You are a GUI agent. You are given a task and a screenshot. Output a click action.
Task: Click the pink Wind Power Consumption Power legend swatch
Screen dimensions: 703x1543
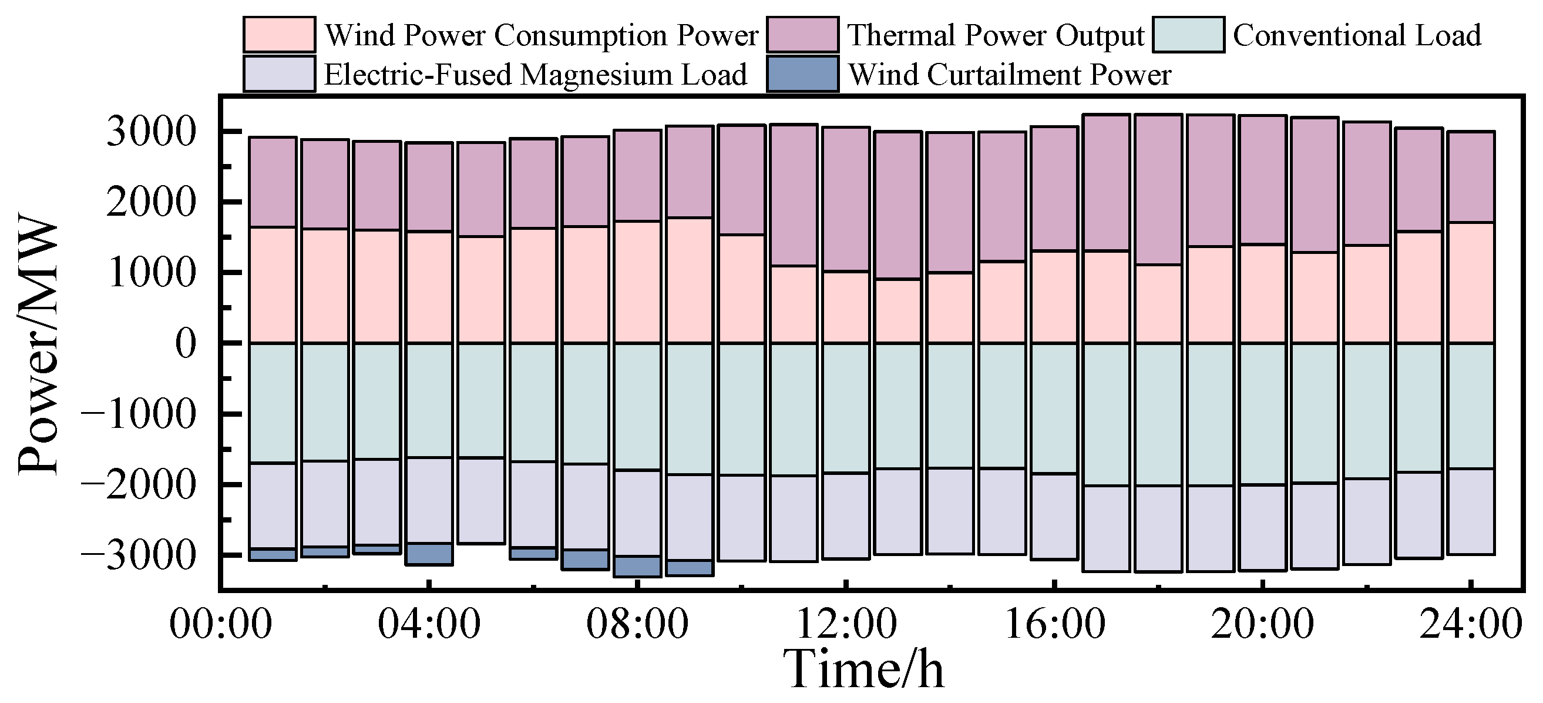pyautogui.click(x=279, y=35)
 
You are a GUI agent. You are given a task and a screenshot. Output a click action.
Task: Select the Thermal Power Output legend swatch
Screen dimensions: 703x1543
pyautogui.click(x=803, y=35)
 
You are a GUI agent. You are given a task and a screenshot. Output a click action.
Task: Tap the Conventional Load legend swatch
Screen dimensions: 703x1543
pyautogui.click(x=1188, y=35)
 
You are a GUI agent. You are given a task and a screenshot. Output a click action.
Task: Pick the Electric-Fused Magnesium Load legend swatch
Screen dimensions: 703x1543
pyautogui.click(x=279, y=74)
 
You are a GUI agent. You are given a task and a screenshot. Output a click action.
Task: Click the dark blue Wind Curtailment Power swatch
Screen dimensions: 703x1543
pyautogui.click(x=803, y=74)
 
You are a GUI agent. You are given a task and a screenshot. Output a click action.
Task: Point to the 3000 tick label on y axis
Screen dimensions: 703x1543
pyautogui.click(x=151, y=132)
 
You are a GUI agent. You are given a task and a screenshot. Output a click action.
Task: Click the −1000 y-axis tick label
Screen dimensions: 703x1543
pyautogui.click(x=139, y=414)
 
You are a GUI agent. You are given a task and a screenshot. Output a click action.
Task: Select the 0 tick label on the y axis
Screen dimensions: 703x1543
pyautogui.click(x=186, y=344)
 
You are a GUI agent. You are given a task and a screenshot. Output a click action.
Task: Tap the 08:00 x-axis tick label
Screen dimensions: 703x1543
pyautogui.click(x=637, y=624)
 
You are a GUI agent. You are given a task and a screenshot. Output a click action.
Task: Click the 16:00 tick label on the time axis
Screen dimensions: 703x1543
pyautogui.click(x=1054, y=624)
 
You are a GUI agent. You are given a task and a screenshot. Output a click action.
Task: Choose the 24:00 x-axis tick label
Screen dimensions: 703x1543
pyautogui.click(x=1471, y=624)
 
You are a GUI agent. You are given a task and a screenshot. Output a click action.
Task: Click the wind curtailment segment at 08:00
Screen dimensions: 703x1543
pyautogui.click(x=638, y=566)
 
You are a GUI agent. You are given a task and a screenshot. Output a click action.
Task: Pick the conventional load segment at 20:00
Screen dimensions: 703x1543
pyautogui.click(x=1263, y=414)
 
